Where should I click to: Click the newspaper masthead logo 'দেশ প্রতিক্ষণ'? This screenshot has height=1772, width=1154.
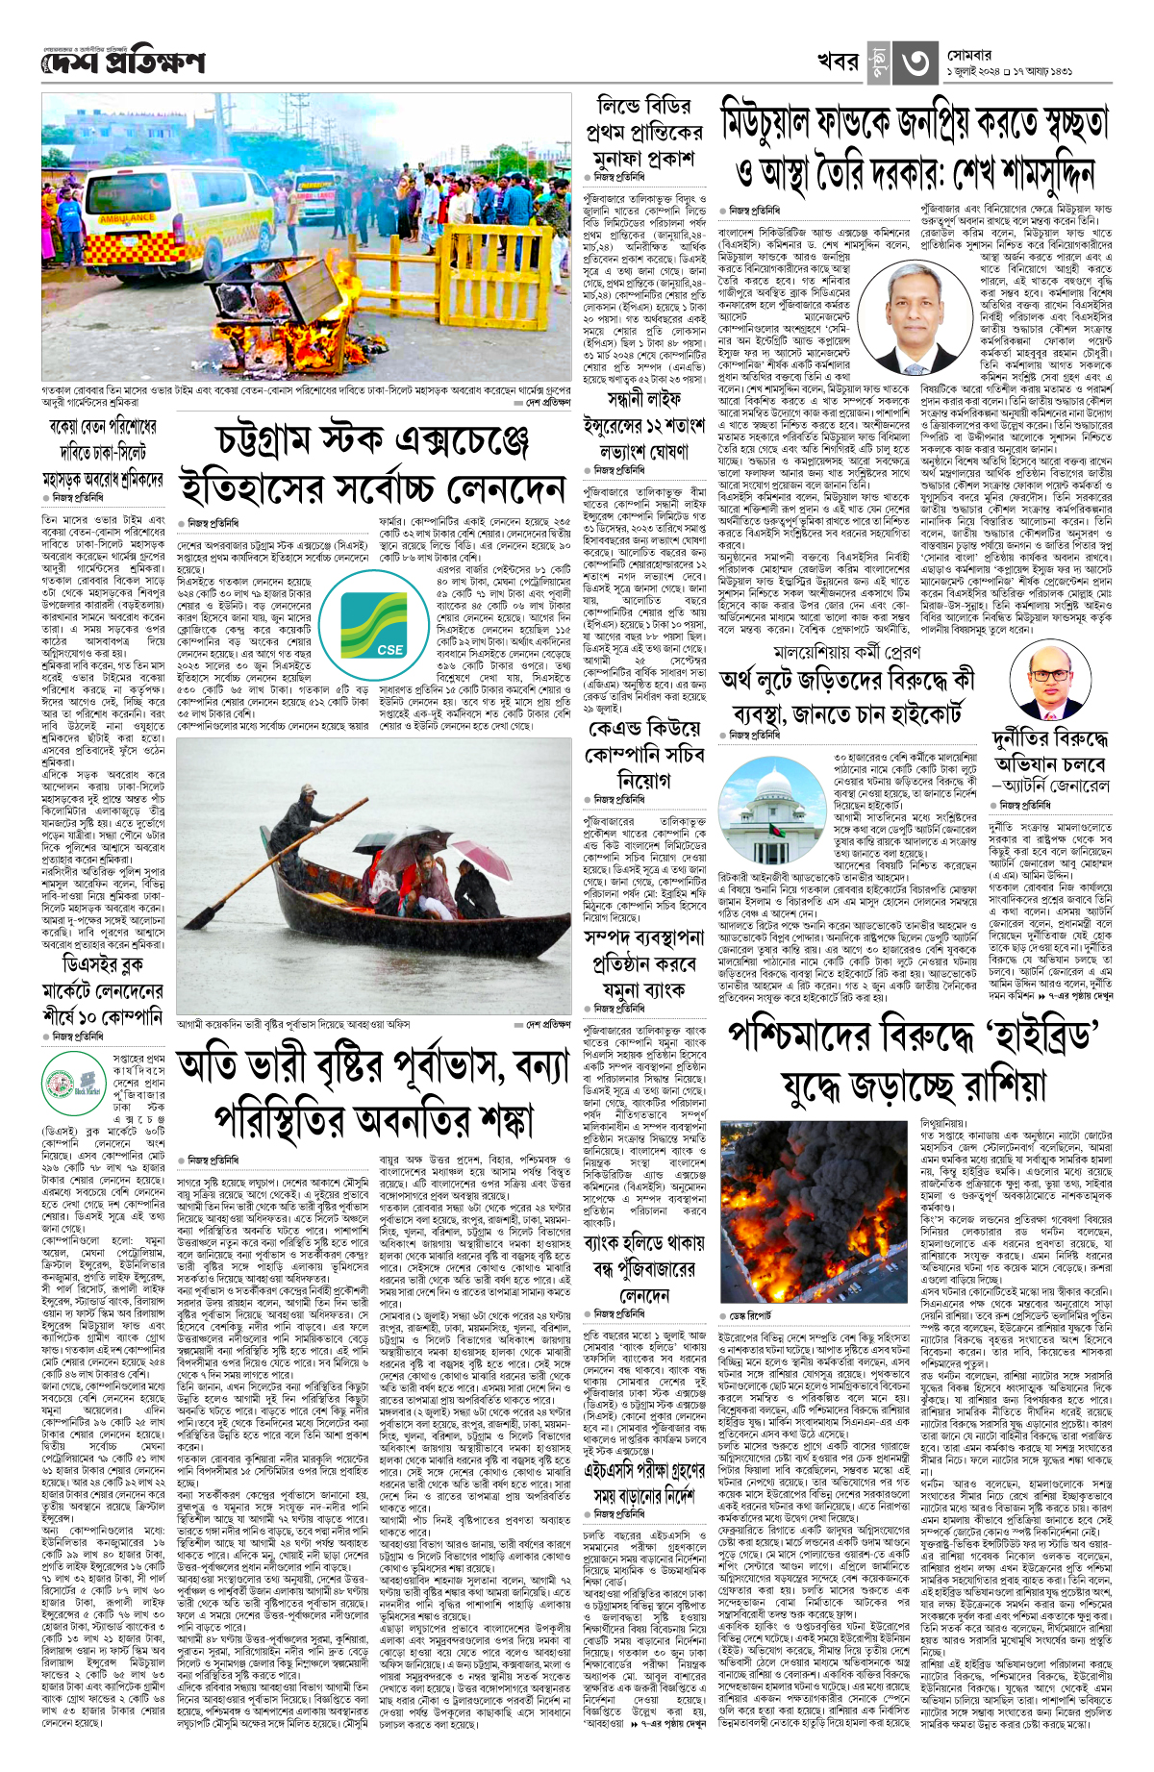click(x=123, y=63)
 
